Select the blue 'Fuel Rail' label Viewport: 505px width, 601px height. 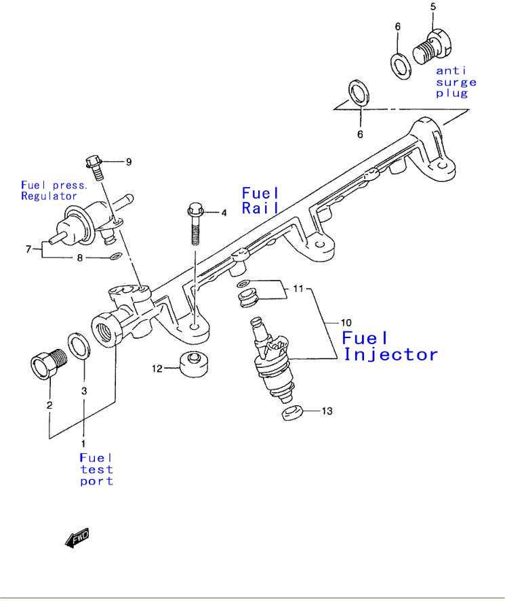point(261,201)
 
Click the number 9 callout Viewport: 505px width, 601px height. point(128,161)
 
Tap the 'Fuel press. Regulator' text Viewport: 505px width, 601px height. point(54,190)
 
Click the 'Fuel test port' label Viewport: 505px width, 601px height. point(96,470)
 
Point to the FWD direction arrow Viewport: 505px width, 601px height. point(77,537)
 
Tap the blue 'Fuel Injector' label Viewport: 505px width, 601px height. point(390,346)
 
